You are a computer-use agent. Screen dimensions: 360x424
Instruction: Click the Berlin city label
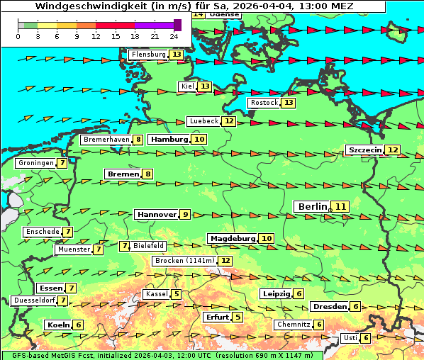coord(311,206)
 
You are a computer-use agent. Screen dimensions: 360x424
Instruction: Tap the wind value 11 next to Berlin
coord(341,206)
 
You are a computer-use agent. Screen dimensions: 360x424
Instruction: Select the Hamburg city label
coord(169,140)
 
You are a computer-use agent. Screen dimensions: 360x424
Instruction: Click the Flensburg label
coord(148,55)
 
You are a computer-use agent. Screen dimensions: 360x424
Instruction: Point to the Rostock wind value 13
coord(288,103)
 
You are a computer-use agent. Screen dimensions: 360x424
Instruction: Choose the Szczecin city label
coord(364,150)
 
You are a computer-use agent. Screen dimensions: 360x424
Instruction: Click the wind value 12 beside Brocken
coord(225,261)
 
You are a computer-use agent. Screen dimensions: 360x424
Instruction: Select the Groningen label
coord(35,163)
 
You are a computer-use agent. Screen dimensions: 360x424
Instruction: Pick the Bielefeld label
coord(149,246)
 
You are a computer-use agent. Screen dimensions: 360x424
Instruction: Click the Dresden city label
coord(329,306)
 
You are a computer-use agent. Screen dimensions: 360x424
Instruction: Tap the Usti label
coord(350,338)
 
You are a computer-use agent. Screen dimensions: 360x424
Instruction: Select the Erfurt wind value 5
coord(238,317)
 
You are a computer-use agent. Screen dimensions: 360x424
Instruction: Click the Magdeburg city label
coord(231,238)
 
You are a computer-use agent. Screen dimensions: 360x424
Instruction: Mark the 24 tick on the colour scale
coord(174,35)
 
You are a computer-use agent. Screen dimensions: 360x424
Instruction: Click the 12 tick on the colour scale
coord(96,35)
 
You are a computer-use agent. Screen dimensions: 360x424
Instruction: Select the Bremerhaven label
coord(106,140)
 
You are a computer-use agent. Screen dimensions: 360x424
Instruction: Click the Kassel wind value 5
coord(176,294)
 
